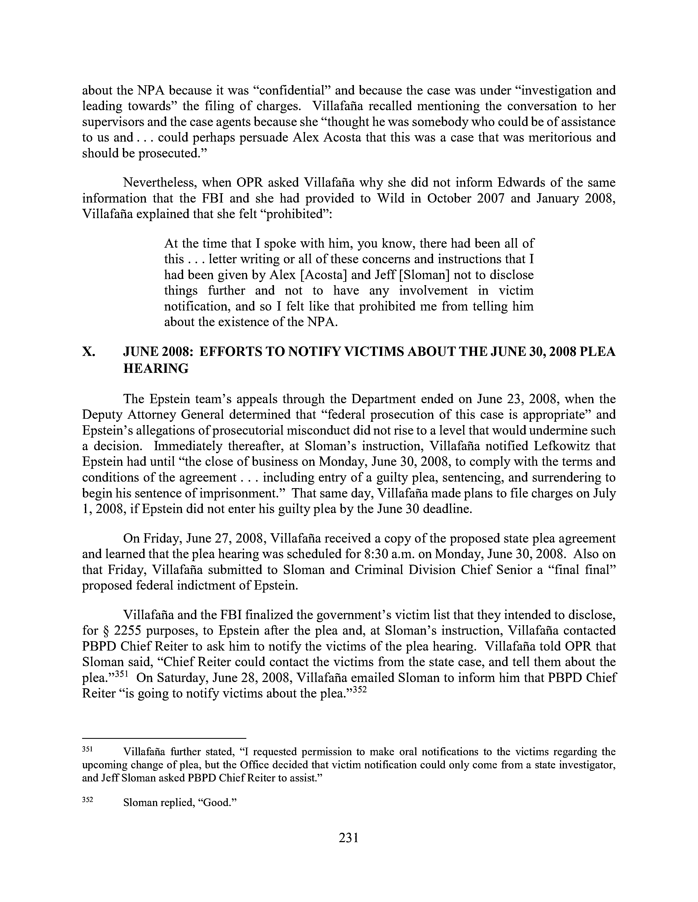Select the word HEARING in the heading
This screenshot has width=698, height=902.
[156, 368]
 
